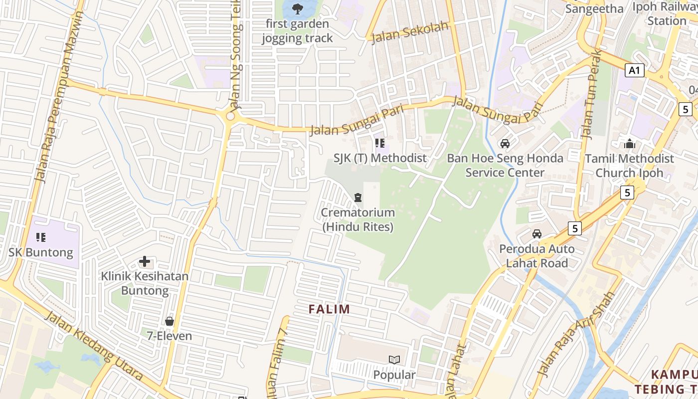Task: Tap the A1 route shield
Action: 634,70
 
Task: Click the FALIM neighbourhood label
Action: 329,309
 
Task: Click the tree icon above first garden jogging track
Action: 298,8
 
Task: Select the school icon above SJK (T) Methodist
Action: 380,144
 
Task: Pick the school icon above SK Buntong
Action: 41,237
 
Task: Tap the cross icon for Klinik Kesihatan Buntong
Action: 145,261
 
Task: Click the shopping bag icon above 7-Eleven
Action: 170,321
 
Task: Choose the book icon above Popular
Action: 394,360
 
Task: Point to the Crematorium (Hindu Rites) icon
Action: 357,198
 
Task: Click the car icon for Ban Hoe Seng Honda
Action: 505,144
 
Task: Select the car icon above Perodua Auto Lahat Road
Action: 537,234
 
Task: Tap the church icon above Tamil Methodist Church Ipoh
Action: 630,144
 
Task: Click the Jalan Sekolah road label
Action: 410,33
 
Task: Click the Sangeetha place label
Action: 594,8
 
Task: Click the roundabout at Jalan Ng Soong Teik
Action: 230,116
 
